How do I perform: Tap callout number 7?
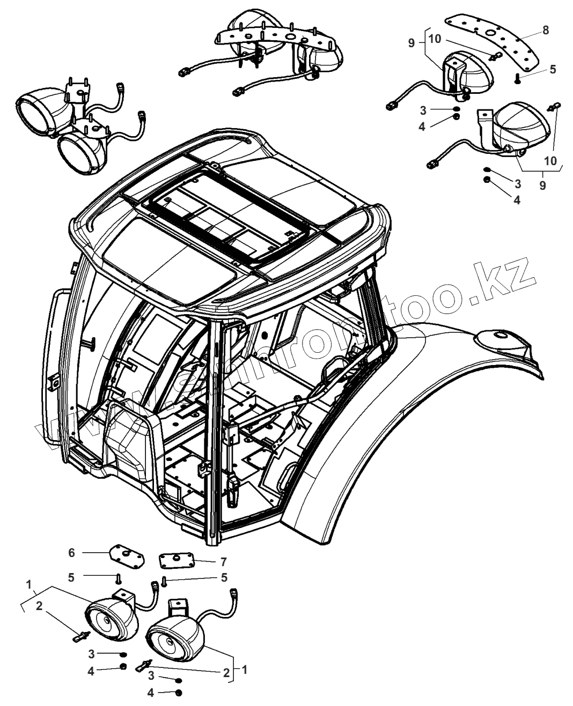[x=223, y=562]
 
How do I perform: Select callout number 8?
[x=545, y=30]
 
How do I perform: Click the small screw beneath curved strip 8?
[x=517, y=79]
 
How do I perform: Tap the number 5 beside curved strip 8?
[x=553, y=69]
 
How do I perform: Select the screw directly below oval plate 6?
[x=119, y=578]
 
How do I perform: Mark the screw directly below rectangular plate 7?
[x=165, y=580]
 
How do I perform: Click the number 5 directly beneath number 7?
[x=224, y=578]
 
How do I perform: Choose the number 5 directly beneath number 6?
[x=71, y=577]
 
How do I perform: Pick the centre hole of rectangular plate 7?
[x=177, y=560]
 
